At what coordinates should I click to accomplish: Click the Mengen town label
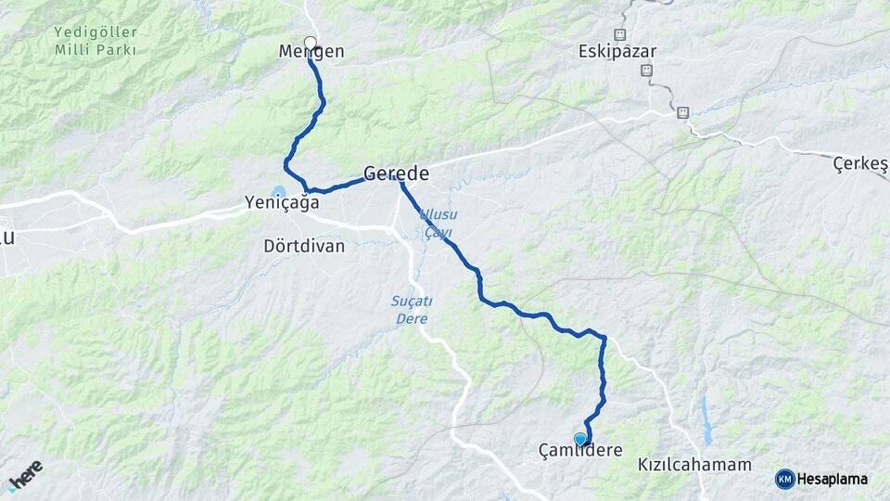pyautogui.click(x=311, y=52)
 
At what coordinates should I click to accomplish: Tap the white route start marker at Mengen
pyautogui.click(x=310, y=42)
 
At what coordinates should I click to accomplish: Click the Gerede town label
pyautogui.click(x=396, y=173)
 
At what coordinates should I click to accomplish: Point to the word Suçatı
pyautogui.click(x=409, y=302)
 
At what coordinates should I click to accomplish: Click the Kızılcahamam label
pyautogui.click(x=694, y=464)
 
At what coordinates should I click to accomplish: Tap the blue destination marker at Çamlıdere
pyautogui.click(x=580, y=439)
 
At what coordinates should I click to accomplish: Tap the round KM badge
pyautogui.click(x=784, y=479)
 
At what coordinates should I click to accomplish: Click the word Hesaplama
pyautogui.click(x=833, y=480)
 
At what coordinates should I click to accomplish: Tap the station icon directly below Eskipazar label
pyautogui.click(x=646, y=70)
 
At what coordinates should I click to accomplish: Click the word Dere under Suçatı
pyautogui.click(x=410, y=318)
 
